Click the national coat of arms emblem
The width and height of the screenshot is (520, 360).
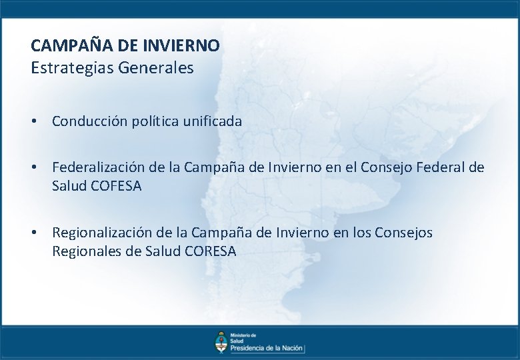[x=220, y=341]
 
